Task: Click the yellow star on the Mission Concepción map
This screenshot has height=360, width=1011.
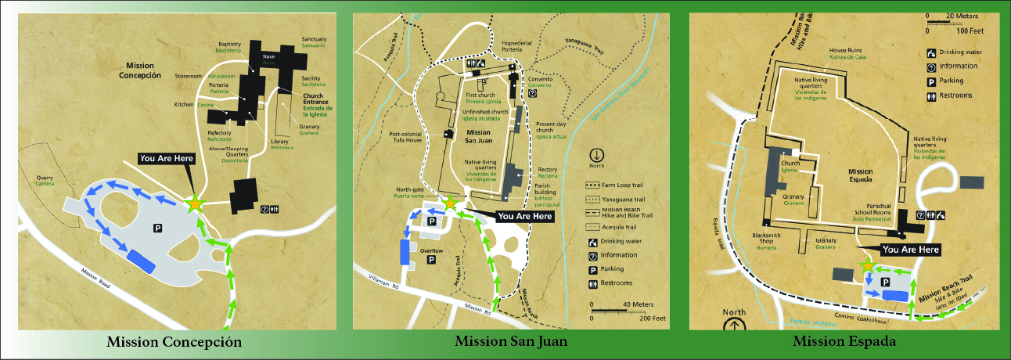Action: pyautogui.click(x=193, y=203)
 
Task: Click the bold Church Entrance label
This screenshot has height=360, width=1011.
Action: pyautogui.click(x=313, y=102)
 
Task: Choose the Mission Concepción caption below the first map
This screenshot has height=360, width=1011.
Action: pyautogui.click(x=174, y=342)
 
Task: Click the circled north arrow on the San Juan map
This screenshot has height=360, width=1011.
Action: pyautogui.click(x=598, y=155)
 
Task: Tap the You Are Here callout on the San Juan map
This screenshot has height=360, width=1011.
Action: pyautogui.click(x=525, y=216)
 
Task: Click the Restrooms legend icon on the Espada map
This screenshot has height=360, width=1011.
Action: pyautogui.click(x=932, y=95)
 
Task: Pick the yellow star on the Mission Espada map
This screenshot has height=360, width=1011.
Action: pyautogui.click(x=867, y=266)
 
